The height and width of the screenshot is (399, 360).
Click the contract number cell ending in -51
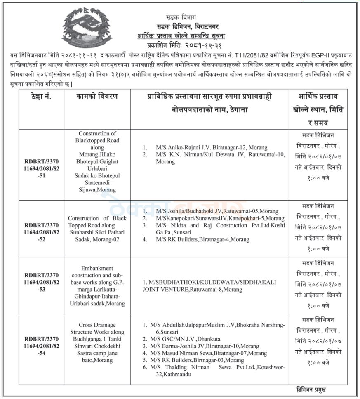pos(41,168)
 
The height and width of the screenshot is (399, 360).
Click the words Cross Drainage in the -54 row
pos(97,325)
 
